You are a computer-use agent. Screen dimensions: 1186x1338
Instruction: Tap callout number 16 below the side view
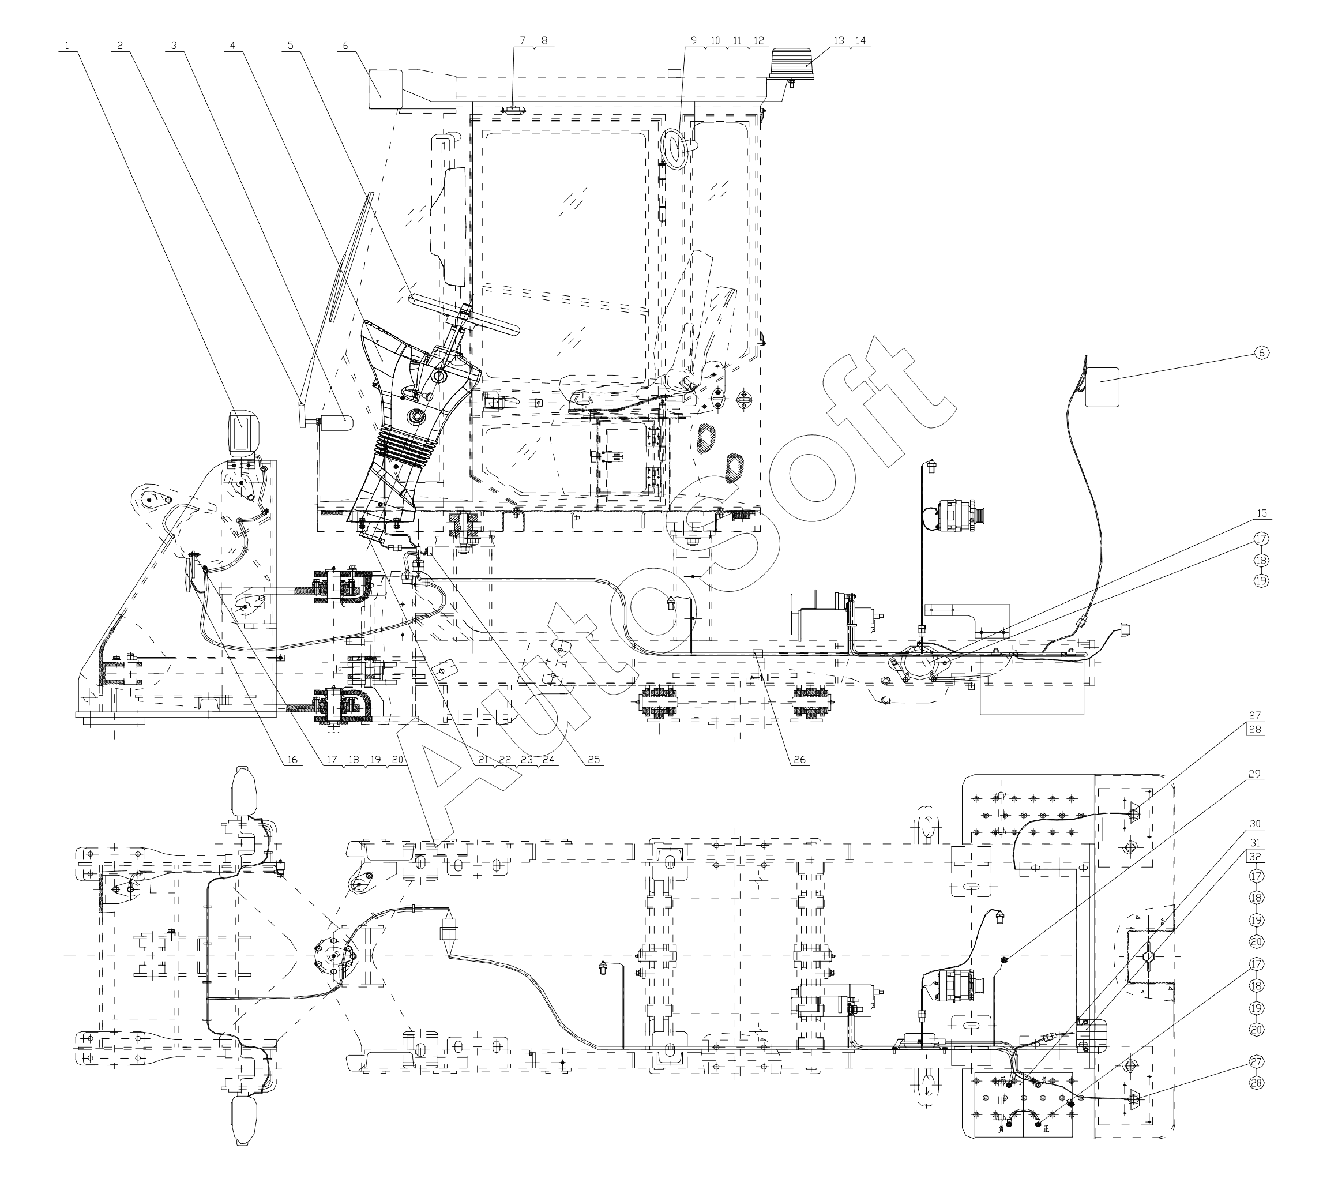click(292, 760)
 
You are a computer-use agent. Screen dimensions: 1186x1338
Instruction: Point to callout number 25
click(593, 760)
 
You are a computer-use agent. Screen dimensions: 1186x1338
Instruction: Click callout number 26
click(799, 760)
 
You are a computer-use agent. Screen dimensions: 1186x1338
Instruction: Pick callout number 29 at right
click(1254, 774)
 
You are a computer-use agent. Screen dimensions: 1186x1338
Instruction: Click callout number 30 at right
click(1254, 824)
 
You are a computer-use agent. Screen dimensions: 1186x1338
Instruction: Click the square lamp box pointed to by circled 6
click(1102, 387)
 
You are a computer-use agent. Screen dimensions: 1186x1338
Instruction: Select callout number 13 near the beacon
click(839, 40)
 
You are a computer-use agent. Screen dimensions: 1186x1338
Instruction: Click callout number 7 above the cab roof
click(523, 40)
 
